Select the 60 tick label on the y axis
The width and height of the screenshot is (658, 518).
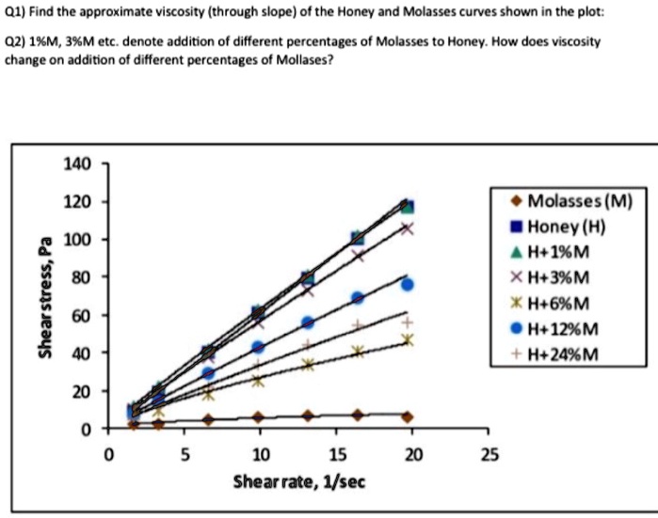pyautogui.click(x=81, y=315)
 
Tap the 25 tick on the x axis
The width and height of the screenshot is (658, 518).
pyautogui.click(x=487, y=456)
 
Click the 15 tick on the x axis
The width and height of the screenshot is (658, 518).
pyautogui.click(x=335, y=456)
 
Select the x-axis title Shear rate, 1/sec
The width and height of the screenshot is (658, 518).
pyautogui.click(x=298, y=481)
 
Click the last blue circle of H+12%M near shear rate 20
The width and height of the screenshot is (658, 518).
pyautogui.click(x=407, y=284)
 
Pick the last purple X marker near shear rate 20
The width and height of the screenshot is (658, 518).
pyautogui.click(x=407, y=228)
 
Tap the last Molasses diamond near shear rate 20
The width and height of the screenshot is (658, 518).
pyautogui.click(x=407, y=416)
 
